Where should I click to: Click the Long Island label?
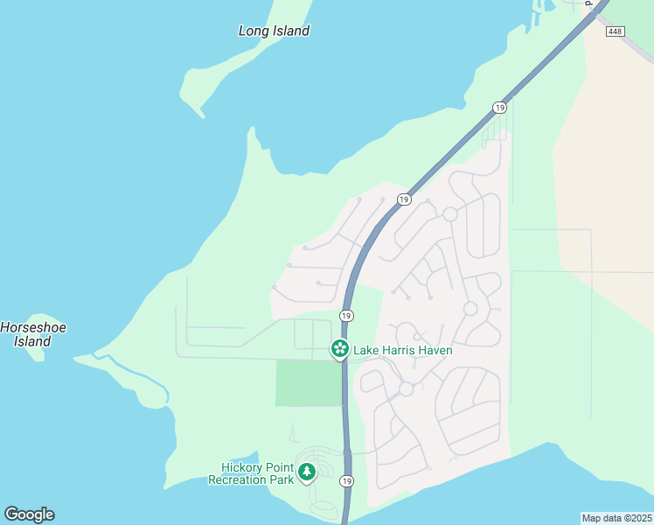click(274, 31)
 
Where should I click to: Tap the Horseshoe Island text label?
click(33, 334)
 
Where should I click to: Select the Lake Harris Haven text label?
click(402, 351)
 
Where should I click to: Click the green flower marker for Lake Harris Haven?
click(340, 349)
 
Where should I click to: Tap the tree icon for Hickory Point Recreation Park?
click(306, 472)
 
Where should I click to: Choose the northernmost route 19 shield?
click(499, 108)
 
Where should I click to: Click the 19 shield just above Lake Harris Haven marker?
click(346, 315)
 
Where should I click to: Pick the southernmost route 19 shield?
click(347, 481)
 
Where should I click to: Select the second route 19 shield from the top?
click(403, 199)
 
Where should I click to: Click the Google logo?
click(29, 514)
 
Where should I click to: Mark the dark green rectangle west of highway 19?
click(308, 382)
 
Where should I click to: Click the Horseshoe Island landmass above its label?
click(35, 318)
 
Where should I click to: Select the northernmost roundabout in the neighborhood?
click(450, 214)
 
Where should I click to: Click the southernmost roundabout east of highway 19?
click(406, 388)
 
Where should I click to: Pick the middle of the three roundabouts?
click(470, 309)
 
